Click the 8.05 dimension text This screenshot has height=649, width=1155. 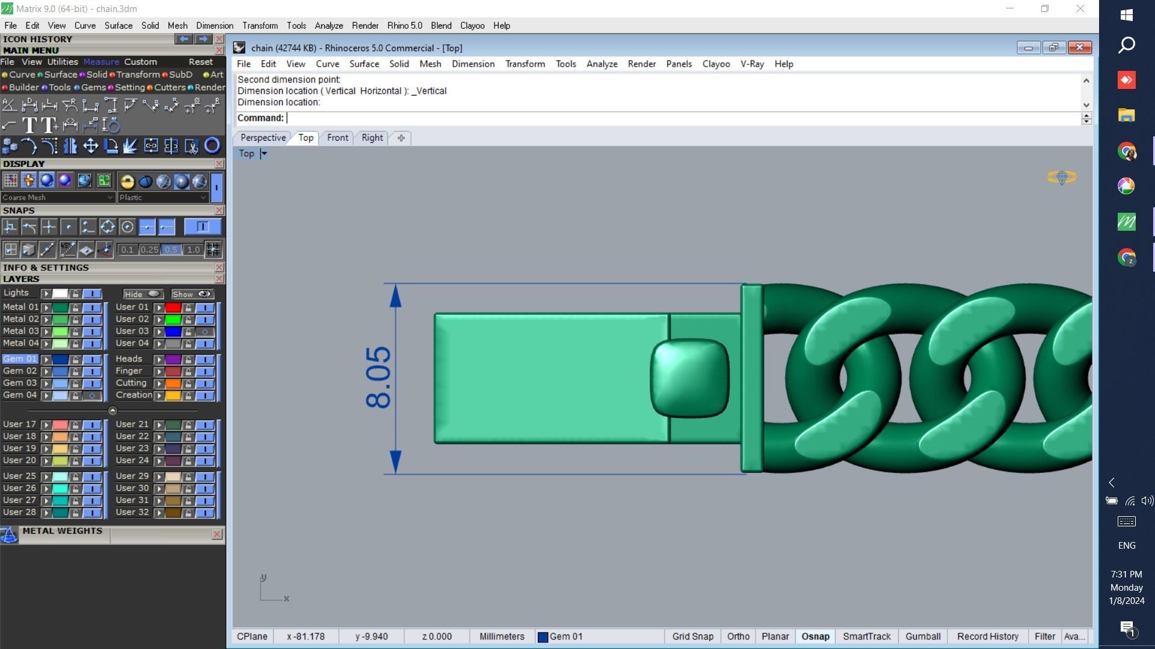tap(378, 377)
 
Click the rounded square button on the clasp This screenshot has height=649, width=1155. tap(689, 378)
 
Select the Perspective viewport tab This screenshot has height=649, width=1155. tap(263, 138)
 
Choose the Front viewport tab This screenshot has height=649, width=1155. tap(337, 138)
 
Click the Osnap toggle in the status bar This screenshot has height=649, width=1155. tap(815, 636)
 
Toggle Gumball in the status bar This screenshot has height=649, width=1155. tap(922, 636)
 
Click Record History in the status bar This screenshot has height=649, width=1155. tap(987, 636)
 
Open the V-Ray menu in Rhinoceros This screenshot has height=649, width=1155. tap(751, 64)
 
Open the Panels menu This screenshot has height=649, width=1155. tap(679, 64)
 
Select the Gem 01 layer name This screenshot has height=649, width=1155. tap(20, 359)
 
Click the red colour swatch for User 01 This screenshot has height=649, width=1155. tap(173, 308)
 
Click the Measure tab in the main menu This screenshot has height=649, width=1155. tap(101, 62)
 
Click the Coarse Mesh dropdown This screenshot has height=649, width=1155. tap(57, 197)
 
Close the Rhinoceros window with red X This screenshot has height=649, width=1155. tap(1079, 47)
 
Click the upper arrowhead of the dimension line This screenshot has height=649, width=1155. tap(395, 296)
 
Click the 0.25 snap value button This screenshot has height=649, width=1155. tap(149, 249)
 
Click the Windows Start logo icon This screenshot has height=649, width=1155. tap(1127, 15)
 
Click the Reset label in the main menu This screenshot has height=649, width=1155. tap(200, 62)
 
